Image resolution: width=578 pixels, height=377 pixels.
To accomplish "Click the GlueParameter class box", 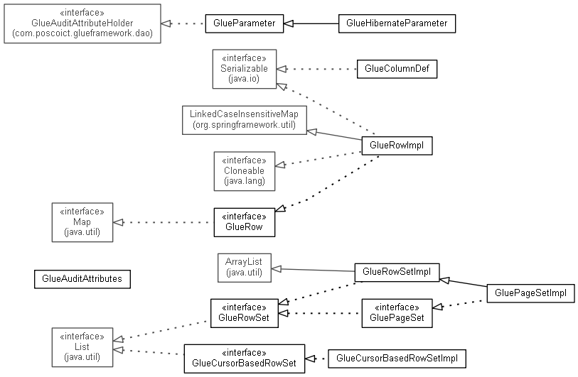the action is click(x=245, y=23).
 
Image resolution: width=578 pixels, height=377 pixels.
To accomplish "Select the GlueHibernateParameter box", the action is click(x=397, y=23).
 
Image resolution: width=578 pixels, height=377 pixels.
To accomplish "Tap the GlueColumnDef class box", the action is click(x=397, y=69).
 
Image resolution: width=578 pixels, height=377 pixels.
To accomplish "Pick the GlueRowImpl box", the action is click(x=397, y=146).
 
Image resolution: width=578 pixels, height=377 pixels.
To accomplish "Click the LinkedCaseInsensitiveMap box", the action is click(x=245, y=120).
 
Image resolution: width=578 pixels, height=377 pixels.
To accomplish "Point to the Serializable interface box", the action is click(x=245, y=69).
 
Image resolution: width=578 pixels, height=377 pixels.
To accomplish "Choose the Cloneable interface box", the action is click(x=245, y=171).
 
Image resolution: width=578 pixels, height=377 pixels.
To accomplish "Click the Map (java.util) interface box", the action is click(x=82, y=222).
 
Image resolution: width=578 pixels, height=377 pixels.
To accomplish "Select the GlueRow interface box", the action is click(x=245, y=222).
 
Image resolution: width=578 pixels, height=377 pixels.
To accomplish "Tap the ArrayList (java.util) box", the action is click(x=245, y=268).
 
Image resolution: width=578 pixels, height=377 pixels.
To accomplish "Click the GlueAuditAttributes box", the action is click(x=82, y=279).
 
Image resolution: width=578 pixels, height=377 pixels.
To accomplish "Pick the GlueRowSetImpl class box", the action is click(x=397, y=273).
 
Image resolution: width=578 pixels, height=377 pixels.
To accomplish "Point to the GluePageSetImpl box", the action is click(x=530, y=293).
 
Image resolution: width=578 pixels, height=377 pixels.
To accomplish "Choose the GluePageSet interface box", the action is click(x=397, y=313).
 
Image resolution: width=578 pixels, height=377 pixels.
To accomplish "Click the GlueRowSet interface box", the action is click(x=245, y=313).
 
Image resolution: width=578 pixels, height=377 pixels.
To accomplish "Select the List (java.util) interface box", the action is click(x=82, y=347).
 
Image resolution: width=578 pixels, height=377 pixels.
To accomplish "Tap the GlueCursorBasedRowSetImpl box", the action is click(x=397, y=359).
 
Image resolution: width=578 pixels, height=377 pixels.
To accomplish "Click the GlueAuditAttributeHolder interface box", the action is click(x=82, y=23).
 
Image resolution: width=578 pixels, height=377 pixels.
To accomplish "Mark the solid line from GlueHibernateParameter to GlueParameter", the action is click(x=311, y=23).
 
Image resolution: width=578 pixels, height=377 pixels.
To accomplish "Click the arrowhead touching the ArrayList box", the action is click(x=276, y=269).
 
